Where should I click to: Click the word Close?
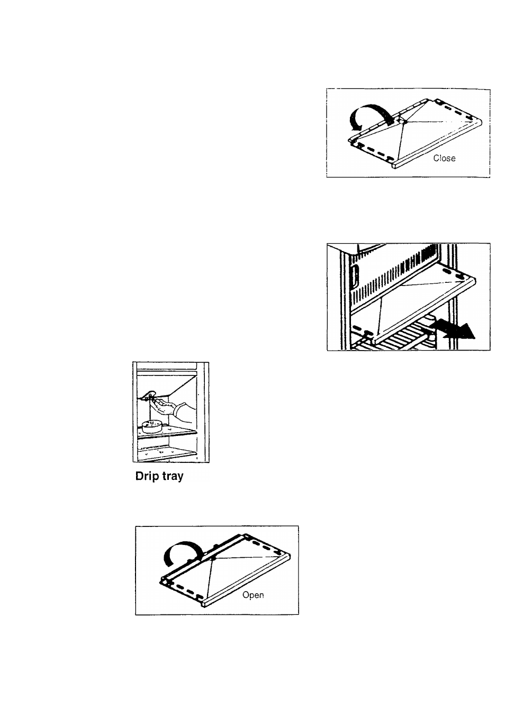tap(444, 158)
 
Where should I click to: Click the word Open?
tap(253, 595)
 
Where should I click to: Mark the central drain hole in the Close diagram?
tap(403, 121)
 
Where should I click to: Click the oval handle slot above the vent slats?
tap(355, 275)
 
